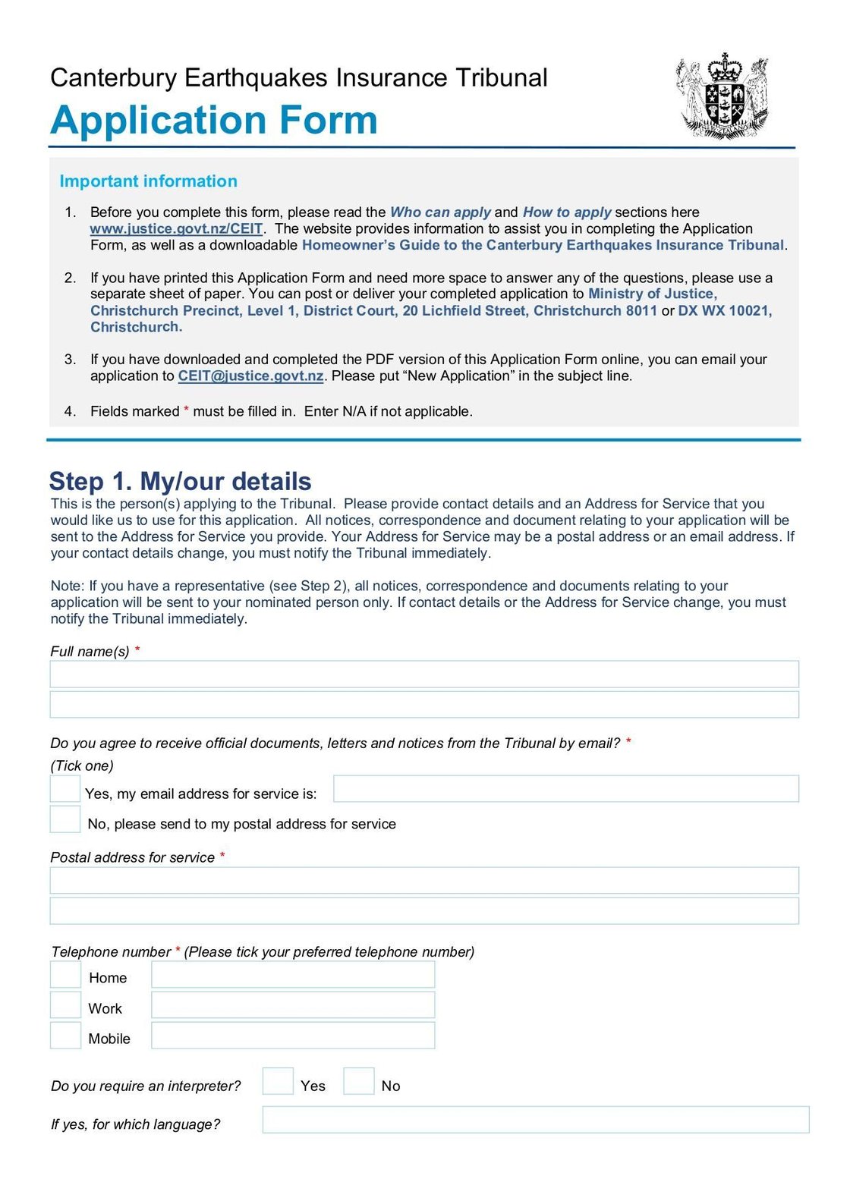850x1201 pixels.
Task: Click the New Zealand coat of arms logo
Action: click(x=722, y=97)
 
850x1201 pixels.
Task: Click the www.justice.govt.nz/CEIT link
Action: click(x=176, y=228)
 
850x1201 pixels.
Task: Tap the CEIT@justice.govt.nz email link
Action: click(x=250, y=376)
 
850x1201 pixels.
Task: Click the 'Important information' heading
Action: click(x=148, y=181)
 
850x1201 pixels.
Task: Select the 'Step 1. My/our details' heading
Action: click(x=180, y=481)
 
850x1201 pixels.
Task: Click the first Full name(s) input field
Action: click(x=424, y=674)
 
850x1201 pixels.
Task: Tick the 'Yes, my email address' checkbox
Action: click(x=65, y=789)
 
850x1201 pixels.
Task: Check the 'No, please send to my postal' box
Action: click(x=65, y=819)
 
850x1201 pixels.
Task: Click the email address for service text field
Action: click(x=565, y=789)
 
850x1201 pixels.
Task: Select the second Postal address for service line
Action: click(x=424, y=910)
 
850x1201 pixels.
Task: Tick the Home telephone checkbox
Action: click(x=65, y=975)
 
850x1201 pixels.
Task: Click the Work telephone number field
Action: click(x=293, y=1005)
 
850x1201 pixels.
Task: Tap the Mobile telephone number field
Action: click(x=293, y=1036)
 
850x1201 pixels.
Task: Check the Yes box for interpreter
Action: click(x=278, y=1081)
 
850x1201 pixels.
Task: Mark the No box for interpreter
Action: click(x=359, y=1081)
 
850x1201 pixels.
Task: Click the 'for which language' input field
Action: click(x=535, y=1120)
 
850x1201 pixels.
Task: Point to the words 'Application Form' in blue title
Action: click(x=214, y=120)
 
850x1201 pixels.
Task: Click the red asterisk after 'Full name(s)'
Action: click(x=137, y=649)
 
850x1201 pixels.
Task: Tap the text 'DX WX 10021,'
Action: click(x=725, y=310)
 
